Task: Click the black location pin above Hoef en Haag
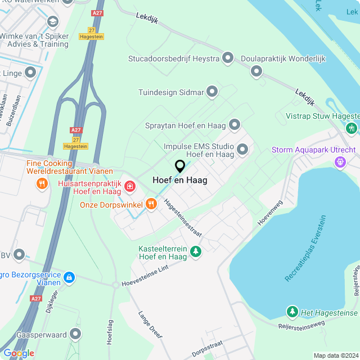click(180, 166)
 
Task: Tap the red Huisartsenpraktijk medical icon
click(130, 186)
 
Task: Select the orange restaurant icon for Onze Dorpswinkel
click(151, 205)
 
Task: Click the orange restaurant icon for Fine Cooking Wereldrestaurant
click(41, 183)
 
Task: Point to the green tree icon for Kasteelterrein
click(195, 251)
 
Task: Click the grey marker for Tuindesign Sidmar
click(212, 92)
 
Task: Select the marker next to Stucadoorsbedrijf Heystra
click(228, 58)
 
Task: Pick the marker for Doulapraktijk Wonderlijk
click(256, 71)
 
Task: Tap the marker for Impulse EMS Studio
click(242, 149)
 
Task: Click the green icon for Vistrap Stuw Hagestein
click(352, 128)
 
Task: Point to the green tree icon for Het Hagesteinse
click(292, 312)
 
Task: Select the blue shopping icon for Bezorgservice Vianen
click(69, 277)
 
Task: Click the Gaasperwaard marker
click(75, 335)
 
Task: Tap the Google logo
click(19, 353)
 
